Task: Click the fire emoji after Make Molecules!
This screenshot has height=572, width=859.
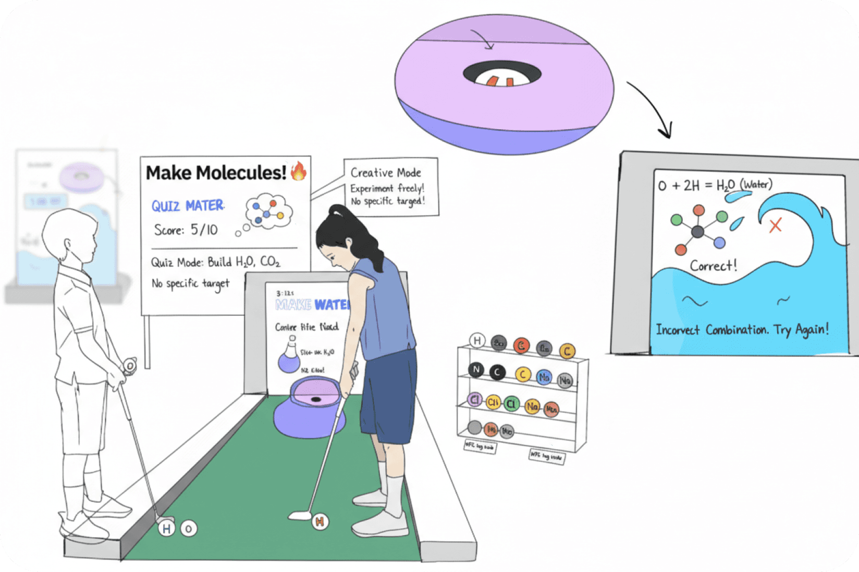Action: (299, 171)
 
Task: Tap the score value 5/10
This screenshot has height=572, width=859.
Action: (204, 230)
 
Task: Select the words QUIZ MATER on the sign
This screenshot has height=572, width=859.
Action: (188, 206)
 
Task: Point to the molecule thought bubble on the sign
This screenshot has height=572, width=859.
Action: (268, 210)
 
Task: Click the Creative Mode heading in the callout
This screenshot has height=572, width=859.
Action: (386, 172)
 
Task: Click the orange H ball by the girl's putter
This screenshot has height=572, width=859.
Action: (320, 520)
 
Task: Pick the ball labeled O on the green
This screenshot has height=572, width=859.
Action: (189, 529)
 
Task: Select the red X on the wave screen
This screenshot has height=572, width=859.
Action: (776, 226)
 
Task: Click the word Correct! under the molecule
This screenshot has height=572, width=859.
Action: (714, 266)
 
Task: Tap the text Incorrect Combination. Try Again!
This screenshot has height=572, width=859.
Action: (742, 330)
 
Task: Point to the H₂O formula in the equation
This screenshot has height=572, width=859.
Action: (725, 185)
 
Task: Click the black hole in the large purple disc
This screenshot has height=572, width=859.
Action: (502, 75)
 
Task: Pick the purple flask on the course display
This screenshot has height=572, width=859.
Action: (289, 356)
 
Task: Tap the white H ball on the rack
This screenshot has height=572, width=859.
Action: (477, 341)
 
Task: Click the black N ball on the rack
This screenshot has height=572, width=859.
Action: (475, 370)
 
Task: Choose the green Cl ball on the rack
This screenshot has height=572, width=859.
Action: (511, 404)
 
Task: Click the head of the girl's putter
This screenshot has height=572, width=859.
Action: (300, 516)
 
